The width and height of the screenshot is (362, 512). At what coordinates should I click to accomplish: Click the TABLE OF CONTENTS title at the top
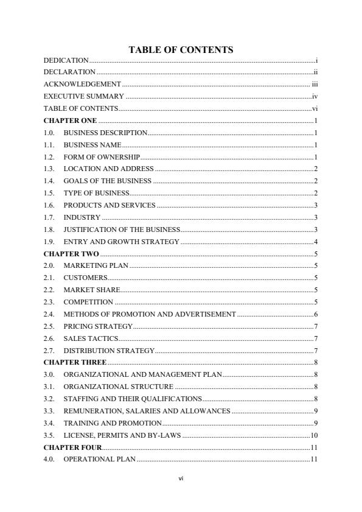click(x=181, y=50)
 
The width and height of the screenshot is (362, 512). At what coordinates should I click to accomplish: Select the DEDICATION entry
click(x=66, y=60)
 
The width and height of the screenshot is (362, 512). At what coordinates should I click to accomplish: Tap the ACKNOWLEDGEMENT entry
click(x=82, y=85)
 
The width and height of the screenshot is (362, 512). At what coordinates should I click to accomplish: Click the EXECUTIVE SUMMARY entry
click(x=84, y=97)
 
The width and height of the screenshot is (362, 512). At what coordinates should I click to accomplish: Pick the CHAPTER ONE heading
click(x=70, y=121)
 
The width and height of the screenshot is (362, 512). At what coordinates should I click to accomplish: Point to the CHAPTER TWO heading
click(x=71, y=254)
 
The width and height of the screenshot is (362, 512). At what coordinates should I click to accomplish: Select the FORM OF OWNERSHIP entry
click(x=102, y=157)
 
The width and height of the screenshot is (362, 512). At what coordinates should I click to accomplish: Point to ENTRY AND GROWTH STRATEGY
click(x=121, y=242)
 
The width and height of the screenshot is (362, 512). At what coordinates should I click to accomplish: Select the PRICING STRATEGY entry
click(x=98, y=326)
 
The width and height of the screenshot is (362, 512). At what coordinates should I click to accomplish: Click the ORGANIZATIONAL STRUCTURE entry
click(x=119, y=387)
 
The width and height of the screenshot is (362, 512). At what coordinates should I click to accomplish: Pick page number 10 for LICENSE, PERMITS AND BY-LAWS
click(x=315, y=435)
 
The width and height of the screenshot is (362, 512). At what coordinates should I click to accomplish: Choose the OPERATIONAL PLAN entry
click(x=100, y=459)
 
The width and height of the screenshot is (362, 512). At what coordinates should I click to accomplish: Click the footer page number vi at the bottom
click(x=181, y=479)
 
